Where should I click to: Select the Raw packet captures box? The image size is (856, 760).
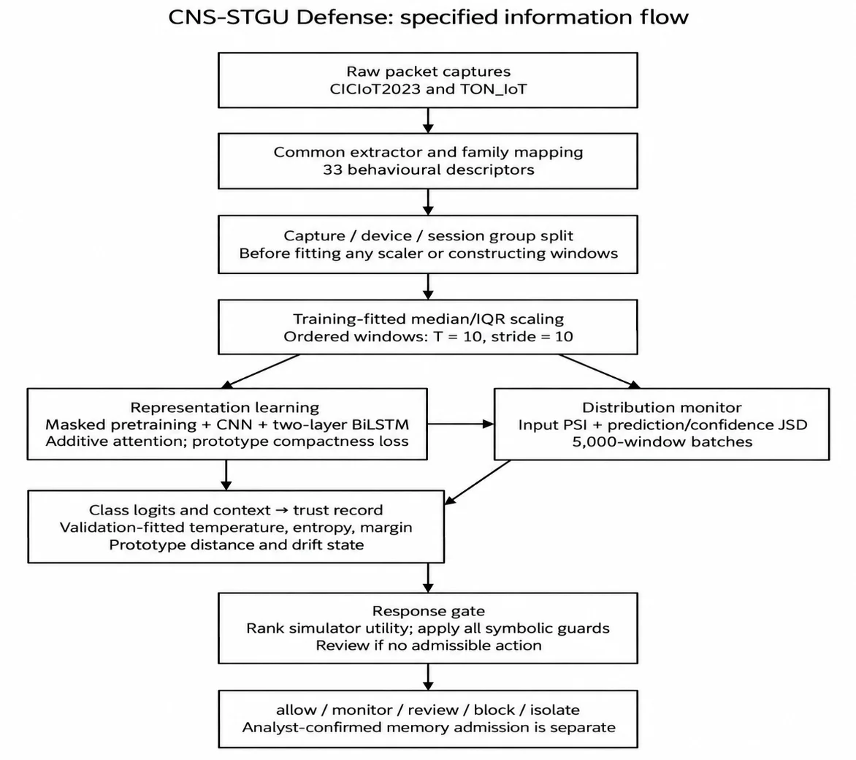coord(428,80)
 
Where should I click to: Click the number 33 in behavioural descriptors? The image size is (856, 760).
coord(332,170)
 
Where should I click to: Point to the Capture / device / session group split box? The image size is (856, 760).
coord(428,244)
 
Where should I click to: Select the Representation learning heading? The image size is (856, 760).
coord(224,408)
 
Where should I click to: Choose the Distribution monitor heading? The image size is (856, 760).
coord(662,408)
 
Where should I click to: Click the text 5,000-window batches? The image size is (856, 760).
coord(662,441)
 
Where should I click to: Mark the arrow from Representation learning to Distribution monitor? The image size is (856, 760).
coord(460,424)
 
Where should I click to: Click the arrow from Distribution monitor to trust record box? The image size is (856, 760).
coord(478,482)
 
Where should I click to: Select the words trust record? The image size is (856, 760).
coord(337,510)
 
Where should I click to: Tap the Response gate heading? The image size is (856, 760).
coord(428,612)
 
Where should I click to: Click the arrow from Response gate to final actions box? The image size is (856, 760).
coord(428,677)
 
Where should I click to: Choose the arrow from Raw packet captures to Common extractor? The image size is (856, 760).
coord(428,121)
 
